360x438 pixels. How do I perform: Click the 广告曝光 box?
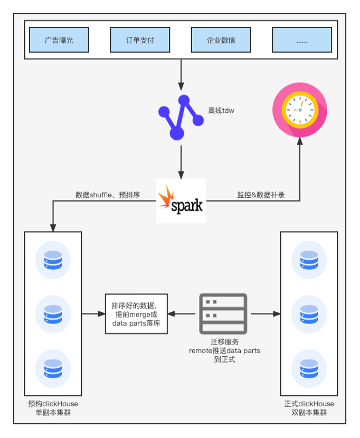pyautogui.click(x=59, y=40)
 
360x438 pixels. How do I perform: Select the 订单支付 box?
pyautogui.click(x=140, y=40)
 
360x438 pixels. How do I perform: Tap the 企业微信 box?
pyautogui.click(x=221, y=40)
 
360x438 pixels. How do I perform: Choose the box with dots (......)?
pyautogui.click(x=302, y=40)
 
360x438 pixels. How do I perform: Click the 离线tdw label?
pyautogui.click(x=221, y=111)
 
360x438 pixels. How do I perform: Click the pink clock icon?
pyautogui.click(x=299, y=109)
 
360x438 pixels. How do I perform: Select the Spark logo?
pyautogui.click(x=181, y=201)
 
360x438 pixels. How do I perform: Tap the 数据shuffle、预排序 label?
pyautogui.click(x=108, y=195)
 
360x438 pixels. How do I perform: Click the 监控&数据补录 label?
pyautogui.click(x=261, y=195)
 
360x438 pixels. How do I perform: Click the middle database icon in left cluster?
pyautogui.click(x=53, y=315)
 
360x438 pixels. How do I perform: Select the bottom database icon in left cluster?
pyautogui.click(x=53, y=368)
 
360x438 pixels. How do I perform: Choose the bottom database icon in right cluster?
pyautogui.click(x=309, y=368)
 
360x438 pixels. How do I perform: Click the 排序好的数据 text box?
pyautogui.click(x=136, y=314)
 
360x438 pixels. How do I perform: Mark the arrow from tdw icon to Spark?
pyautogui.click(x=181, y=161)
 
